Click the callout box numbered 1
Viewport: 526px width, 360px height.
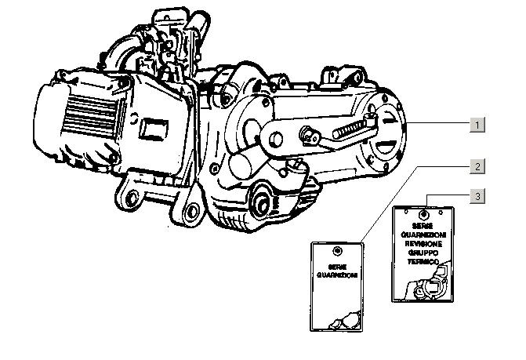coord(477,125)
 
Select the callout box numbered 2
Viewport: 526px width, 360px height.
coord(477,166)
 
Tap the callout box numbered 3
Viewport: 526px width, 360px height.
coord(477,195)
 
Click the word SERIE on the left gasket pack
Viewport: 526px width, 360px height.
coord(337,267)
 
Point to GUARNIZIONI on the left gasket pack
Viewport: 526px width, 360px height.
coord(337,275)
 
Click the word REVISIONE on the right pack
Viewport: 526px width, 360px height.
coord(423,244)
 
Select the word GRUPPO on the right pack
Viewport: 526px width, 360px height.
coord(423,253)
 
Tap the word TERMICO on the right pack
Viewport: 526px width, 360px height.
coord(423,261)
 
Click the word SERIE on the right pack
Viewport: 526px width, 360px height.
coord(423,226)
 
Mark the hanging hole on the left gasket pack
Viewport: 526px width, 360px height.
coord(337,251)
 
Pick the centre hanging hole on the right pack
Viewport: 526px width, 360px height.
coord(423,213)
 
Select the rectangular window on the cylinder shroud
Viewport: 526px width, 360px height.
coord(154,129)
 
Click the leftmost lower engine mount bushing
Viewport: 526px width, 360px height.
coord(132,198)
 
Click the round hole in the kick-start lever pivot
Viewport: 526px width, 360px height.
coord(276,139)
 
